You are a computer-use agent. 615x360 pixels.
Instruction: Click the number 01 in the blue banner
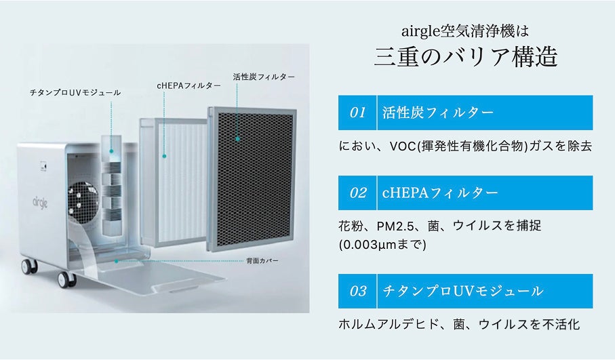tap(357, 113)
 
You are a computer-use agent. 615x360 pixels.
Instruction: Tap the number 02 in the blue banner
tap(357, 193)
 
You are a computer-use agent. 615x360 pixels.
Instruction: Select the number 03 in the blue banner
tap(357, 291)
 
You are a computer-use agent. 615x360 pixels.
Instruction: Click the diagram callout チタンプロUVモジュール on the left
tap(75, 92)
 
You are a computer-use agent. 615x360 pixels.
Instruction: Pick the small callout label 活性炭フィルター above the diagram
tap(263, 77)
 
